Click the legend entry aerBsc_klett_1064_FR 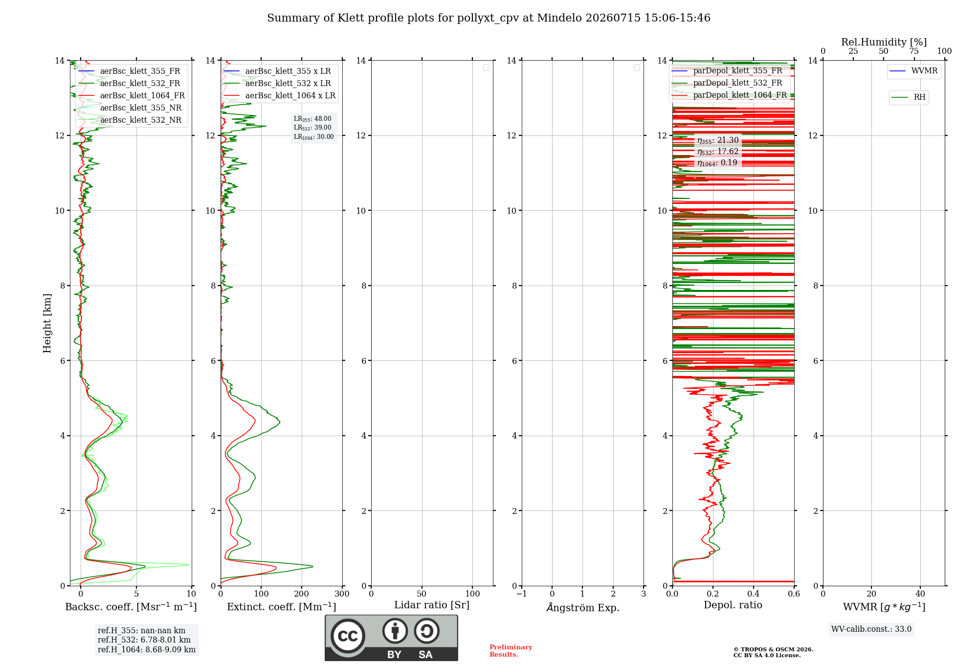(132, 95)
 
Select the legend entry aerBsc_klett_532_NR (130, 120)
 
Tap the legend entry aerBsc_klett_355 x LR (277, 71)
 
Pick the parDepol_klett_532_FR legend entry (727, 83)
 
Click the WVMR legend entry (913, 71)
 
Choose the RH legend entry (909, 97)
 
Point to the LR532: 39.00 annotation (312, 128)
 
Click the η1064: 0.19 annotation (717, 163)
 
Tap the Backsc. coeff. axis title (131, 607)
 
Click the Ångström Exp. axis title (582, 607)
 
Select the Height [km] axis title (47, 323)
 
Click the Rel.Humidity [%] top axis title (884, 42)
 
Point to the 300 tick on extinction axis (342, 594)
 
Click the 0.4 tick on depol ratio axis (754, 594)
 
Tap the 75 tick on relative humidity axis (914, 51)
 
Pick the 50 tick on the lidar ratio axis (422, 594)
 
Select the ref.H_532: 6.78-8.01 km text (144, 640)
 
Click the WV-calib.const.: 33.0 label (871, 629)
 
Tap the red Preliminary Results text (511, 651)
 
